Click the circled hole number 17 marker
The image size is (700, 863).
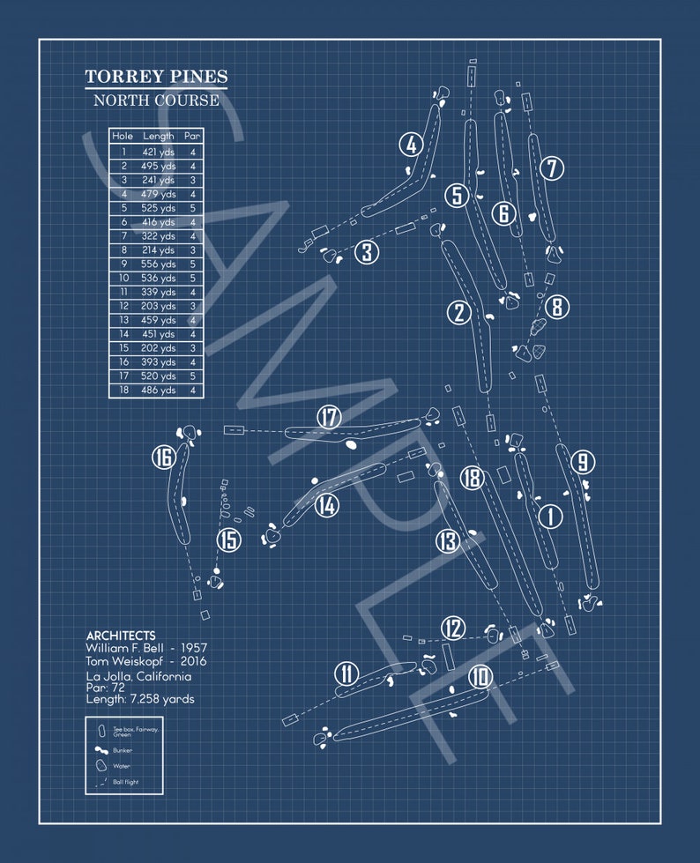click(x=329, y=417)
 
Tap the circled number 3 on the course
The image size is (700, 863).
click(x=368, y=253)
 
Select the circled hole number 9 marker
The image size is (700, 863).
click(x=582, y=461)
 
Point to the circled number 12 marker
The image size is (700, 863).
click(x=453, y=628)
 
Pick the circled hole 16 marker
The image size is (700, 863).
click(x=163, y=458)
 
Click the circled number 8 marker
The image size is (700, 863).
click(x=557, y=307)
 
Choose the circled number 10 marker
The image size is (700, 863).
click(x=480, y=676)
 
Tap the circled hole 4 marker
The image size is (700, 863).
click(x=410, y=144)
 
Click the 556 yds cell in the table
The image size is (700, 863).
click(x=159, y=264)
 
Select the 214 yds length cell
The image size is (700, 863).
click(x=159, y=249)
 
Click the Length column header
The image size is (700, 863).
click(x=159, y=137)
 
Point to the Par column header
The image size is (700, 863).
click(x=192, y=137)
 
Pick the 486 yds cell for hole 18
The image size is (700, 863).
click(x=159, y=391)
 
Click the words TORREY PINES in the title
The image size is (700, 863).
click(x=156, y=77)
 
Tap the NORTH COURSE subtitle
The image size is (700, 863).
click(x=156, y=100)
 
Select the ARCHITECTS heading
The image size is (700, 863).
click(x=121, y=636)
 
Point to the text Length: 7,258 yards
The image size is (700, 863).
click(x=140, y=699)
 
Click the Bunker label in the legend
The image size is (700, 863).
click(x=123, y=750)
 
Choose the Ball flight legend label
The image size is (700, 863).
click(x=125, y=782)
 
